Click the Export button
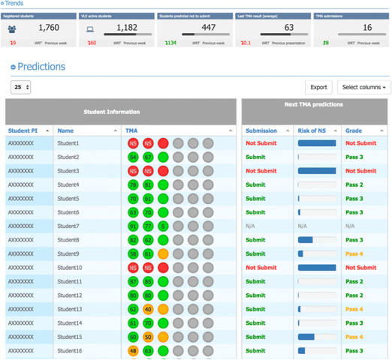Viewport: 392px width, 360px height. (318, 88)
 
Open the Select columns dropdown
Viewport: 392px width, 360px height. (363, 88)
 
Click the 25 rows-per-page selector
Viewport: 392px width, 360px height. (20, 88)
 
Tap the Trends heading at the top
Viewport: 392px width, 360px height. (17, 4)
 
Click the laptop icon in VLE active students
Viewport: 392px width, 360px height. (90, 28)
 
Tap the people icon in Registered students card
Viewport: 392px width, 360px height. (13, 28)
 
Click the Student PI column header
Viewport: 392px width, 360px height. (25, 130)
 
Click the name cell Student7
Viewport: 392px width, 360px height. (68, 226)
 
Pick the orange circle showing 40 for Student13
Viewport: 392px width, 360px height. (148, 309)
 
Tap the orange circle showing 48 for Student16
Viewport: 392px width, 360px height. (133, 350)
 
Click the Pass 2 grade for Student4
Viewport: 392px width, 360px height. (354, 184)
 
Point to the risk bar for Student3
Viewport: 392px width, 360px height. (316, 171)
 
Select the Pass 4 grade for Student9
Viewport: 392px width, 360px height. (354, 253)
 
